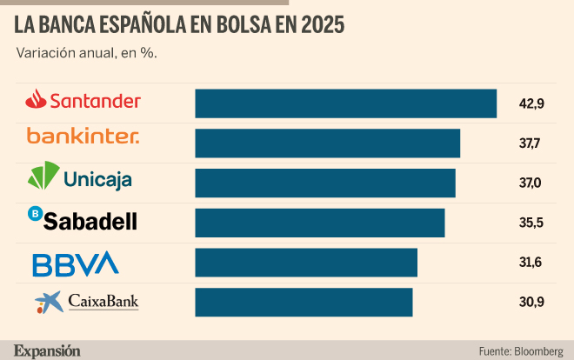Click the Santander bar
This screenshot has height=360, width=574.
[346, 103]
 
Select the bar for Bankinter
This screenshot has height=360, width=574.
[328, 143]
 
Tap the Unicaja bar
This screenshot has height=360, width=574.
[325, 183]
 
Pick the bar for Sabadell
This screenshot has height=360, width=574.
[320, 223]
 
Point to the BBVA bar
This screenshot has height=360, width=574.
[306, 263]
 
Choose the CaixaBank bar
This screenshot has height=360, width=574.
[304, 303]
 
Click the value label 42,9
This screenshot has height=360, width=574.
[531, 103]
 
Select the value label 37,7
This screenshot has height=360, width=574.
[530, 143]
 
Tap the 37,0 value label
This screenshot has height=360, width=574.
[530, 183]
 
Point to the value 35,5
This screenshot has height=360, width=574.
[531, 223]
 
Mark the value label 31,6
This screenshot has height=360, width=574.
[531, 263]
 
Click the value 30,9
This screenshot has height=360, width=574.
[531, 303]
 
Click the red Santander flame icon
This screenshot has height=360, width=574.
[36, 99]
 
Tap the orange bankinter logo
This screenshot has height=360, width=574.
[83, 136]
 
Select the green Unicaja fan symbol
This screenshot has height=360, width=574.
[43, 176]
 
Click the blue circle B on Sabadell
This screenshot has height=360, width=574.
[36, 213]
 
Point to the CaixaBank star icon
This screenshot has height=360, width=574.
[50, 303]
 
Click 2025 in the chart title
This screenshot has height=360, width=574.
[323, 25]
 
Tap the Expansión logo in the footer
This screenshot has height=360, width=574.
[47, 351]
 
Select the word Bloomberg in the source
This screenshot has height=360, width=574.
[539, 351]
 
